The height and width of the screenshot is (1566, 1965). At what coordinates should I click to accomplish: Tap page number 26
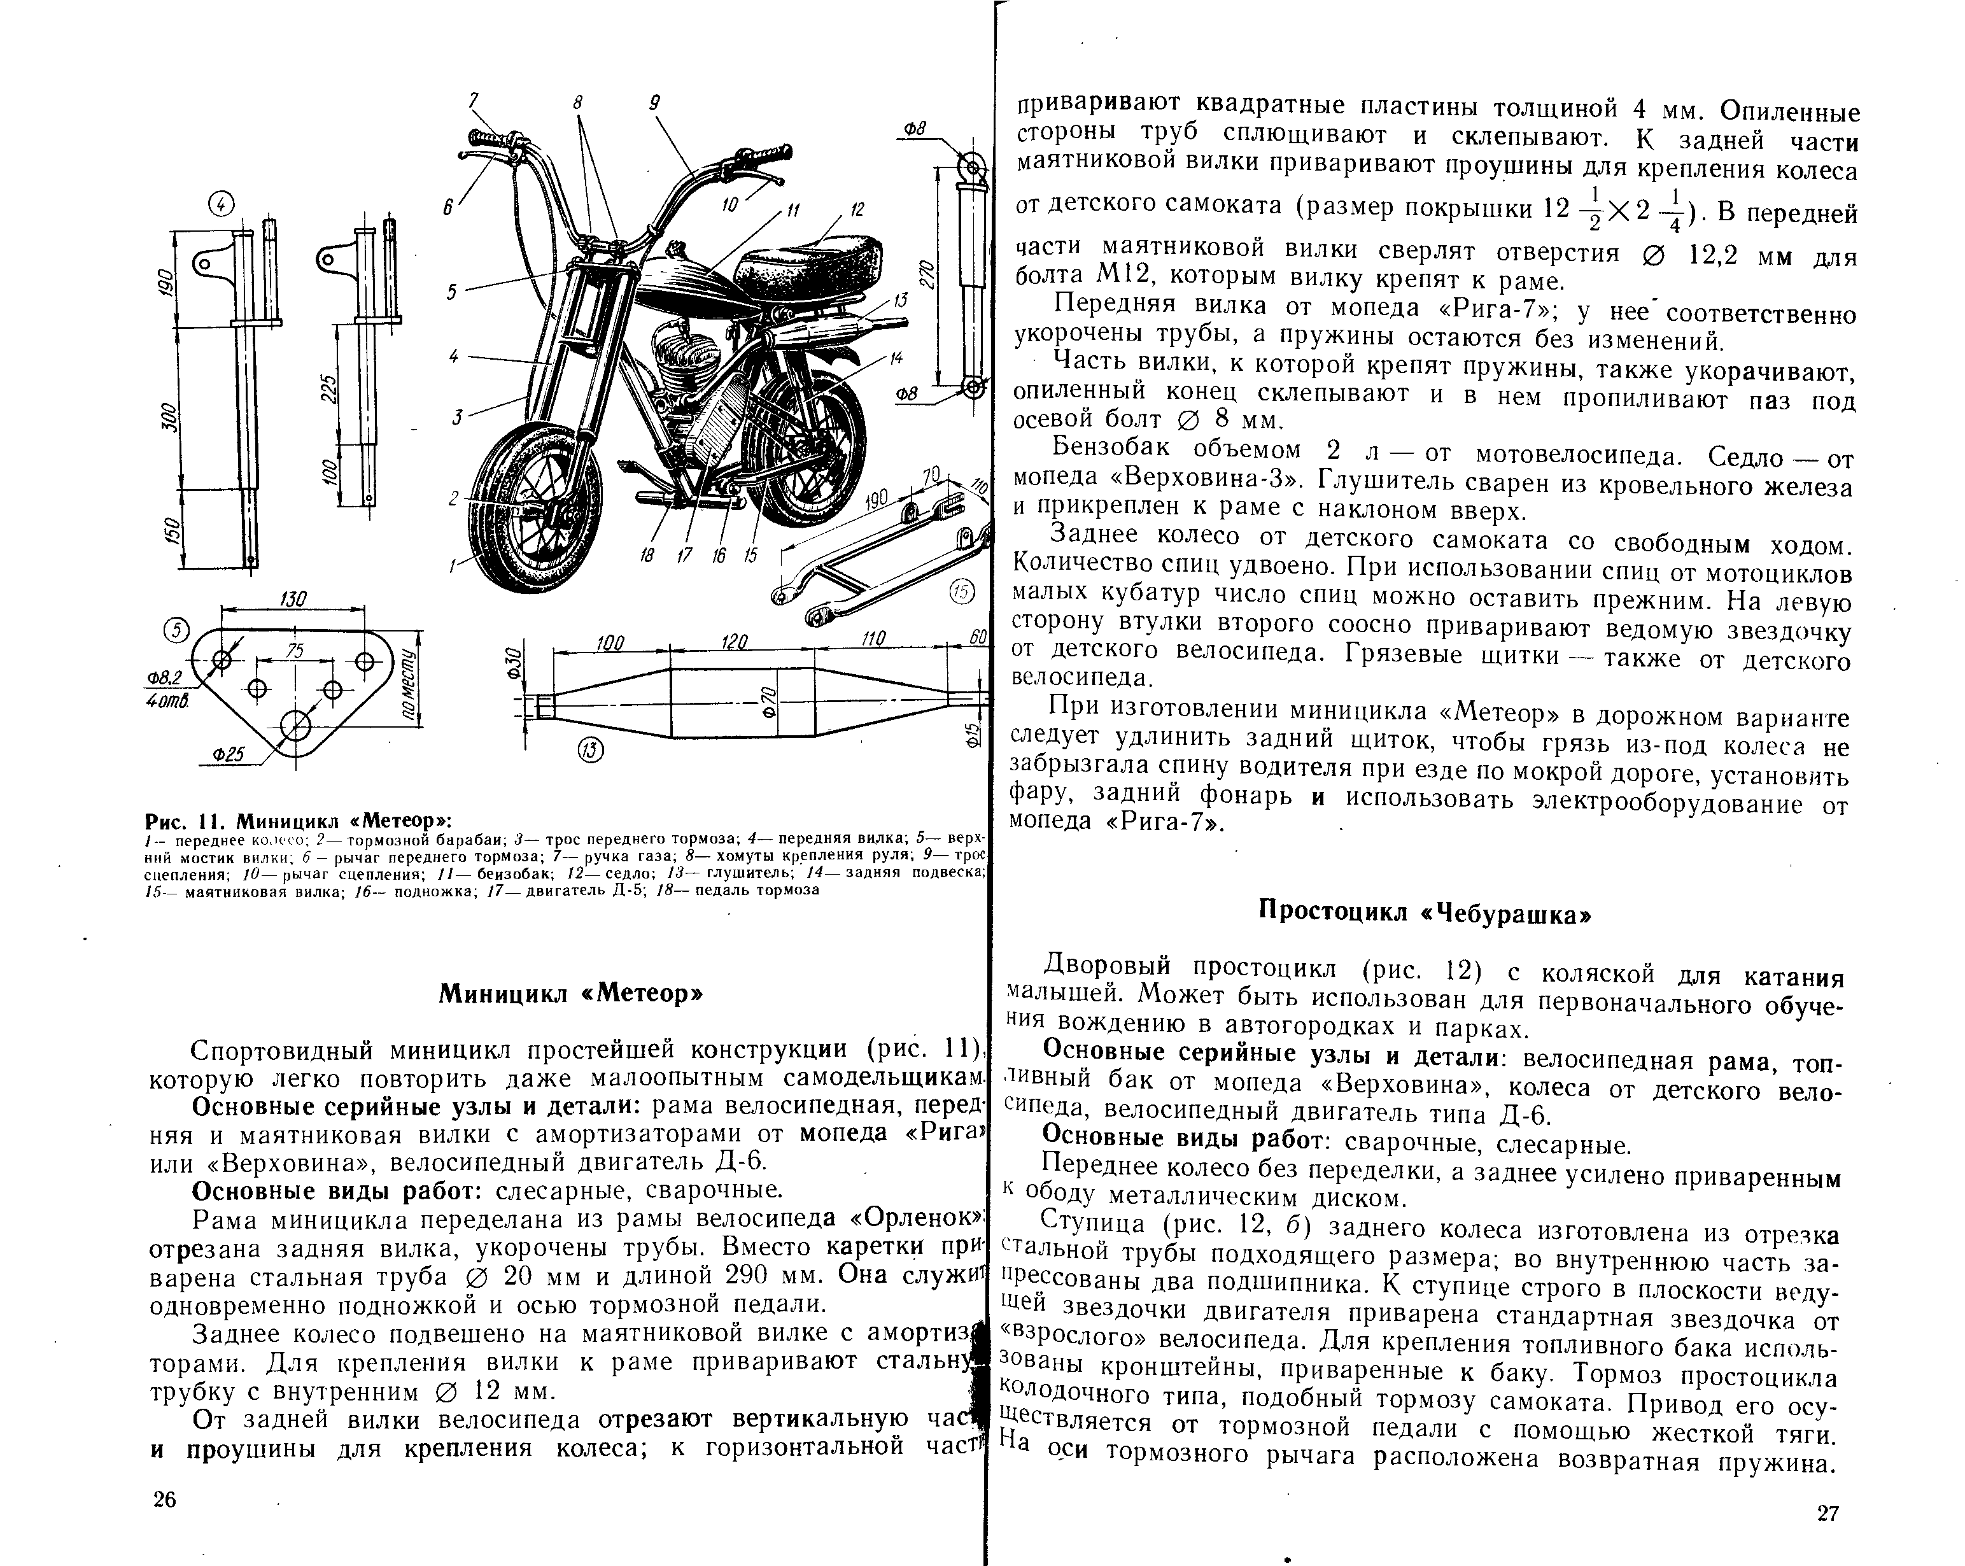(x=165, y=1500)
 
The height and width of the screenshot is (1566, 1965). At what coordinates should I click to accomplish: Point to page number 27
(x=1828, y=1514)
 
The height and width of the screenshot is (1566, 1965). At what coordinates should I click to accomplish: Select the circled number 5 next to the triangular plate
(x=175, y=630)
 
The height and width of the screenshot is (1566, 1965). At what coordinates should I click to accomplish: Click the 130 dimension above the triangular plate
(x=293, y=599)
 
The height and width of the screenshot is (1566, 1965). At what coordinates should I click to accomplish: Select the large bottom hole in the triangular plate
(x=295, y=726)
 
